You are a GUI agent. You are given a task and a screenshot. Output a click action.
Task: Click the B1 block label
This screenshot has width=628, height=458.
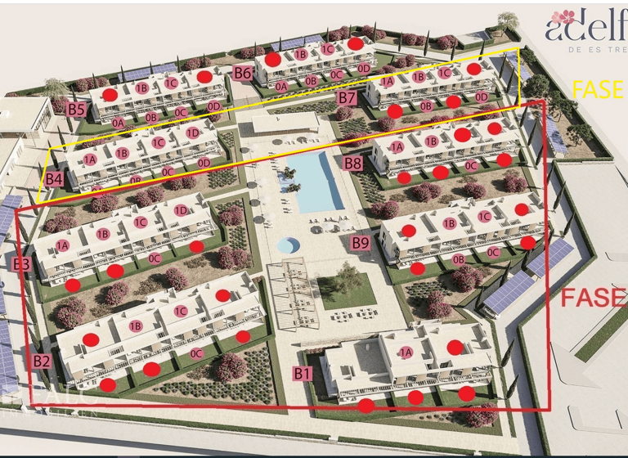[x=303, y=374]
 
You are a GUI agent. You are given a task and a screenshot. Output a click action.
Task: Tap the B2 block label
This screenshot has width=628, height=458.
[x=43, y=361]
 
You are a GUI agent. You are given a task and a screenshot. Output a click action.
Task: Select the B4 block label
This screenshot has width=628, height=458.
[x=54, y=178]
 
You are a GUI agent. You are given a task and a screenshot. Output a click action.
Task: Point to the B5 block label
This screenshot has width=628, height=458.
[x=77, y=108]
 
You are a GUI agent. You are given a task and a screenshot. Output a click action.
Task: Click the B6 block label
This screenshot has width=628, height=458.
[x=242, y=73]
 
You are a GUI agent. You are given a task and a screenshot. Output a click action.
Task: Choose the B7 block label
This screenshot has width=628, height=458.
[x=347, y=98]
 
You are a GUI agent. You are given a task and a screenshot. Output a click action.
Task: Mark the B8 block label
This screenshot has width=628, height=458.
[x=353, y=164]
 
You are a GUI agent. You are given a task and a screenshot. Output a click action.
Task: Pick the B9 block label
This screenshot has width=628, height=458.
[x=361, y=242]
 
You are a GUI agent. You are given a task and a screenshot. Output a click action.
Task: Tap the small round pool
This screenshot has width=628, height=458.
[x=288, y=245]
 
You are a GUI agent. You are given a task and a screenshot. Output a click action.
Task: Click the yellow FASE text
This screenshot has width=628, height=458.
[x=598, y=90]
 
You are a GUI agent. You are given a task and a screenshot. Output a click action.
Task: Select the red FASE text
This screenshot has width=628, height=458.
[x=593, y=298]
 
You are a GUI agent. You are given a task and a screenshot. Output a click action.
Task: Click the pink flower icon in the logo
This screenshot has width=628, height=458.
[x=563, y=17]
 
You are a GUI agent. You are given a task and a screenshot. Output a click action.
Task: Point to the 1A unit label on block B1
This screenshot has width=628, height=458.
[x=406, y=352]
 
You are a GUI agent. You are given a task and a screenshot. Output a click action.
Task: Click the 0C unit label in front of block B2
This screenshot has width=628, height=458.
[x=196, y=353]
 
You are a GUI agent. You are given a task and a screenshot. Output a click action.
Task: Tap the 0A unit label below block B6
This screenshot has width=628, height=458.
[x=281, y=86]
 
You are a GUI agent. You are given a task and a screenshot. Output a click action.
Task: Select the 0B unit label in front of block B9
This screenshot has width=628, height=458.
[x=458, y=260]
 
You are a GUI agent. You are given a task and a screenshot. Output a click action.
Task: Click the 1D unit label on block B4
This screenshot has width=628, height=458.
[x=193, y=132]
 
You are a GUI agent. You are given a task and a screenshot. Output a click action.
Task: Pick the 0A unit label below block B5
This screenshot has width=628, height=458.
[x=119, y=123]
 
